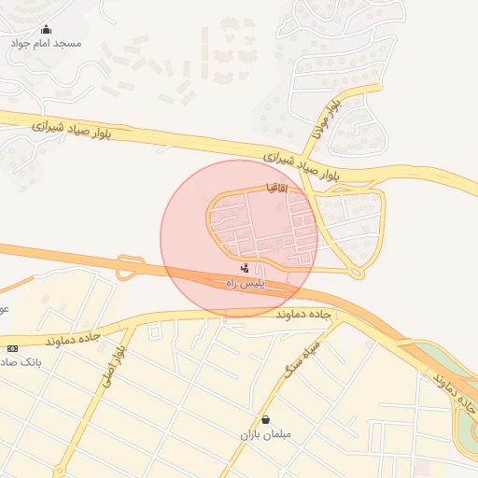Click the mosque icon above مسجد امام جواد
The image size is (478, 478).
[46, 30]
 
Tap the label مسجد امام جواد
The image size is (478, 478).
[46, 44]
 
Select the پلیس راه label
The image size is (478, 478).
[247, 283]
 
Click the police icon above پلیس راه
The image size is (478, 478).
[246, 269]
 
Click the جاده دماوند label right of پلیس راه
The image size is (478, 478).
[304, 316]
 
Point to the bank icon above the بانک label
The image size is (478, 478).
[12, 348]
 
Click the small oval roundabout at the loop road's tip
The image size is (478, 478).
[356, 272]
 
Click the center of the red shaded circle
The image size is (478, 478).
[239, 239]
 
